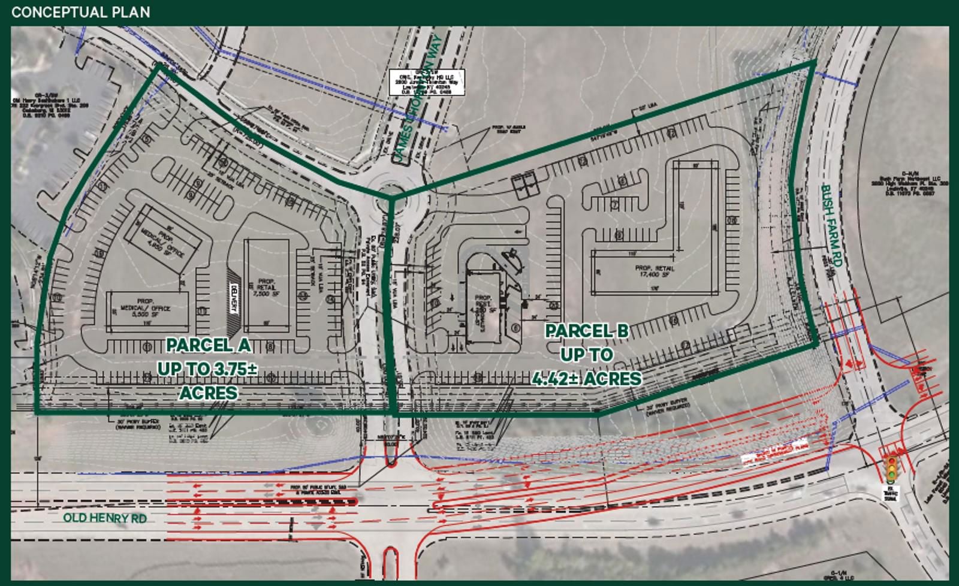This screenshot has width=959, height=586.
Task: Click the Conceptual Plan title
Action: click(x=81, y=12)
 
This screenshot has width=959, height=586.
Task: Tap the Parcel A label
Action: click(x=208, y=345)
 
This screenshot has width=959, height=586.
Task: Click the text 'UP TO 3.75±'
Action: click(x=207, y=368)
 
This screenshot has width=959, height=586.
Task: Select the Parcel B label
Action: click(x=586, y=331)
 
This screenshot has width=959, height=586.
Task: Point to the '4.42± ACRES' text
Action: click(x=586, y=379)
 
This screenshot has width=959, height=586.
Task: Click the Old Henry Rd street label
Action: click(x=105, y=518)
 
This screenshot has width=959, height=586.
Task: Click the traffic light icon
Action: click(x=892, y=468)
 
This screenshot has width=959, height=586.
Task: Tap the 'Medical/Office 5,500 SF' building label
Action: click(x=145, y=309)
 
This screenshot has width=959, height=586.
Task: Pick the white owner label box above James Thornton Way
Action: click(x=426, y=82)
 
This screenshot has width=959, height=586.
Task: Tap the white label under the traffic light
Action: click(x=891, y=494)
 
